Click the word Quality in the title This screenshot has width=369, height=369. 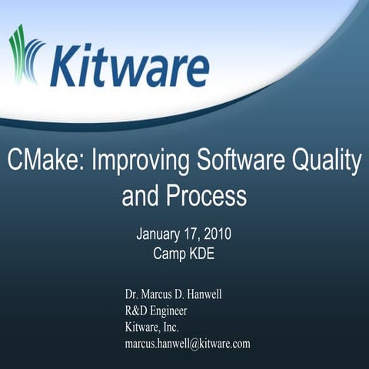(x=327, y=161)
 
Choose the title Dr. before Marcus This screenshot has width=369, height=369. (x=132, y=295)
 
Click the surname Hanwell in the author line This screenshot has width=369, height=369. (x=221, y=295)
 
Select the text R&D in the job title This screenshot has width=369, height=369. (x=137, y=311)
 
